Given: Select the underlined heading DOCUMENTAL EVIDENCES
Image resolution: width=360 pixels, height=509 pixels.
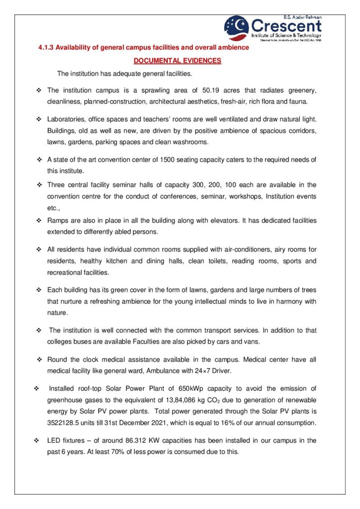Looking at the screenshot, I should [x=178, y=61].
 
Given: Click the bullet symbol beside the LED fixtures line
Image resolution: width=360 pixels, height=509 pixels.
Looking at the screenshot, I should [x=36, y=440].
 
